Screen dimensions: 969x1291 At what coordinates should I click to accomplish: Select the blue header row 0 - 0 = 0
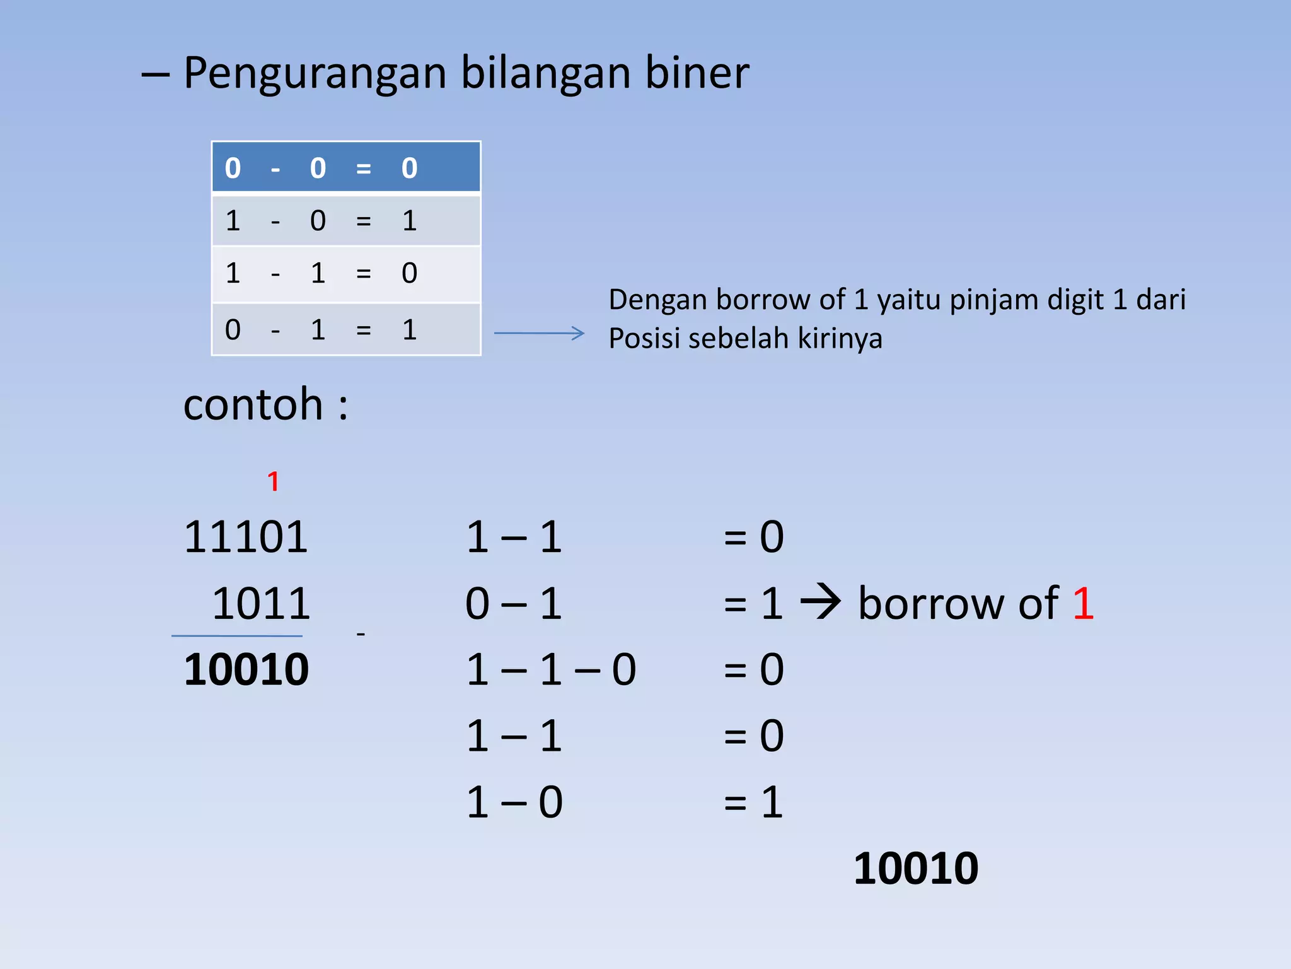346,167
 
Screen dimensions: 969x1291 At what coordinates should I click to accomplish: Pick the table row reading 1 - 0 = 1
346,221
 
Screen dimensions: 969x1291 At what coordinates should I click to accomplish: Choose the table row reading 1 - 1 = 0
346,274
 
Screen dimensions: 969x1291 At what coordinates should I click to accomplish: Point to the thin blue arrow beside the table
539,332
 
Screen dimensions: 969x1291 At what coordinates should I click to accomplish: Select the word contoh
253,404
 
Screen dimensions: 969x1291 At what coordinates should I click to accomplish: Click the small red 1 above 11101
273,482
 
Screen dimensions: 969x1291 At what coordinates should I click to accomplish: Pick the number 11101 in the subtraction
246,537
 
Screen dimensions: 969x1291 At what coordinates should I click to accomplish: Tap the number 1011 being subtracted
261,604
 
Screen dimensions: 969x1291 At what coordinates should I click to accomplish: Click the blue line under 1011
237,636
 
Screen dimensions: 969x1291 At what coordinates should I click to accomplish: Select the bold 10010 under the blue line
246,670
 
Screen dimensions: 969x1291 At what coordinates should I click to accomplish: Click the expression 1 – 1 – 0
551,670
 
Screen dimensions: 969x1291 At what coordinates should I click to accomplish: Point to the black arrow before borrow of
820,603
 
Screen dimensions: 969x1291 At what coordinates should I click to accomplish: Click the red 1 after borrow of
1083,604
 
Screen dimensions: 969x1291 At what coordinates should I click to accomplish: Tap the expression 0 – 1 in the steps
513,604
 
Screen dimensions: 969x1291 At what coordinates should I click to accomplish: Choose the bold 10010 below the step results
915,869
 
